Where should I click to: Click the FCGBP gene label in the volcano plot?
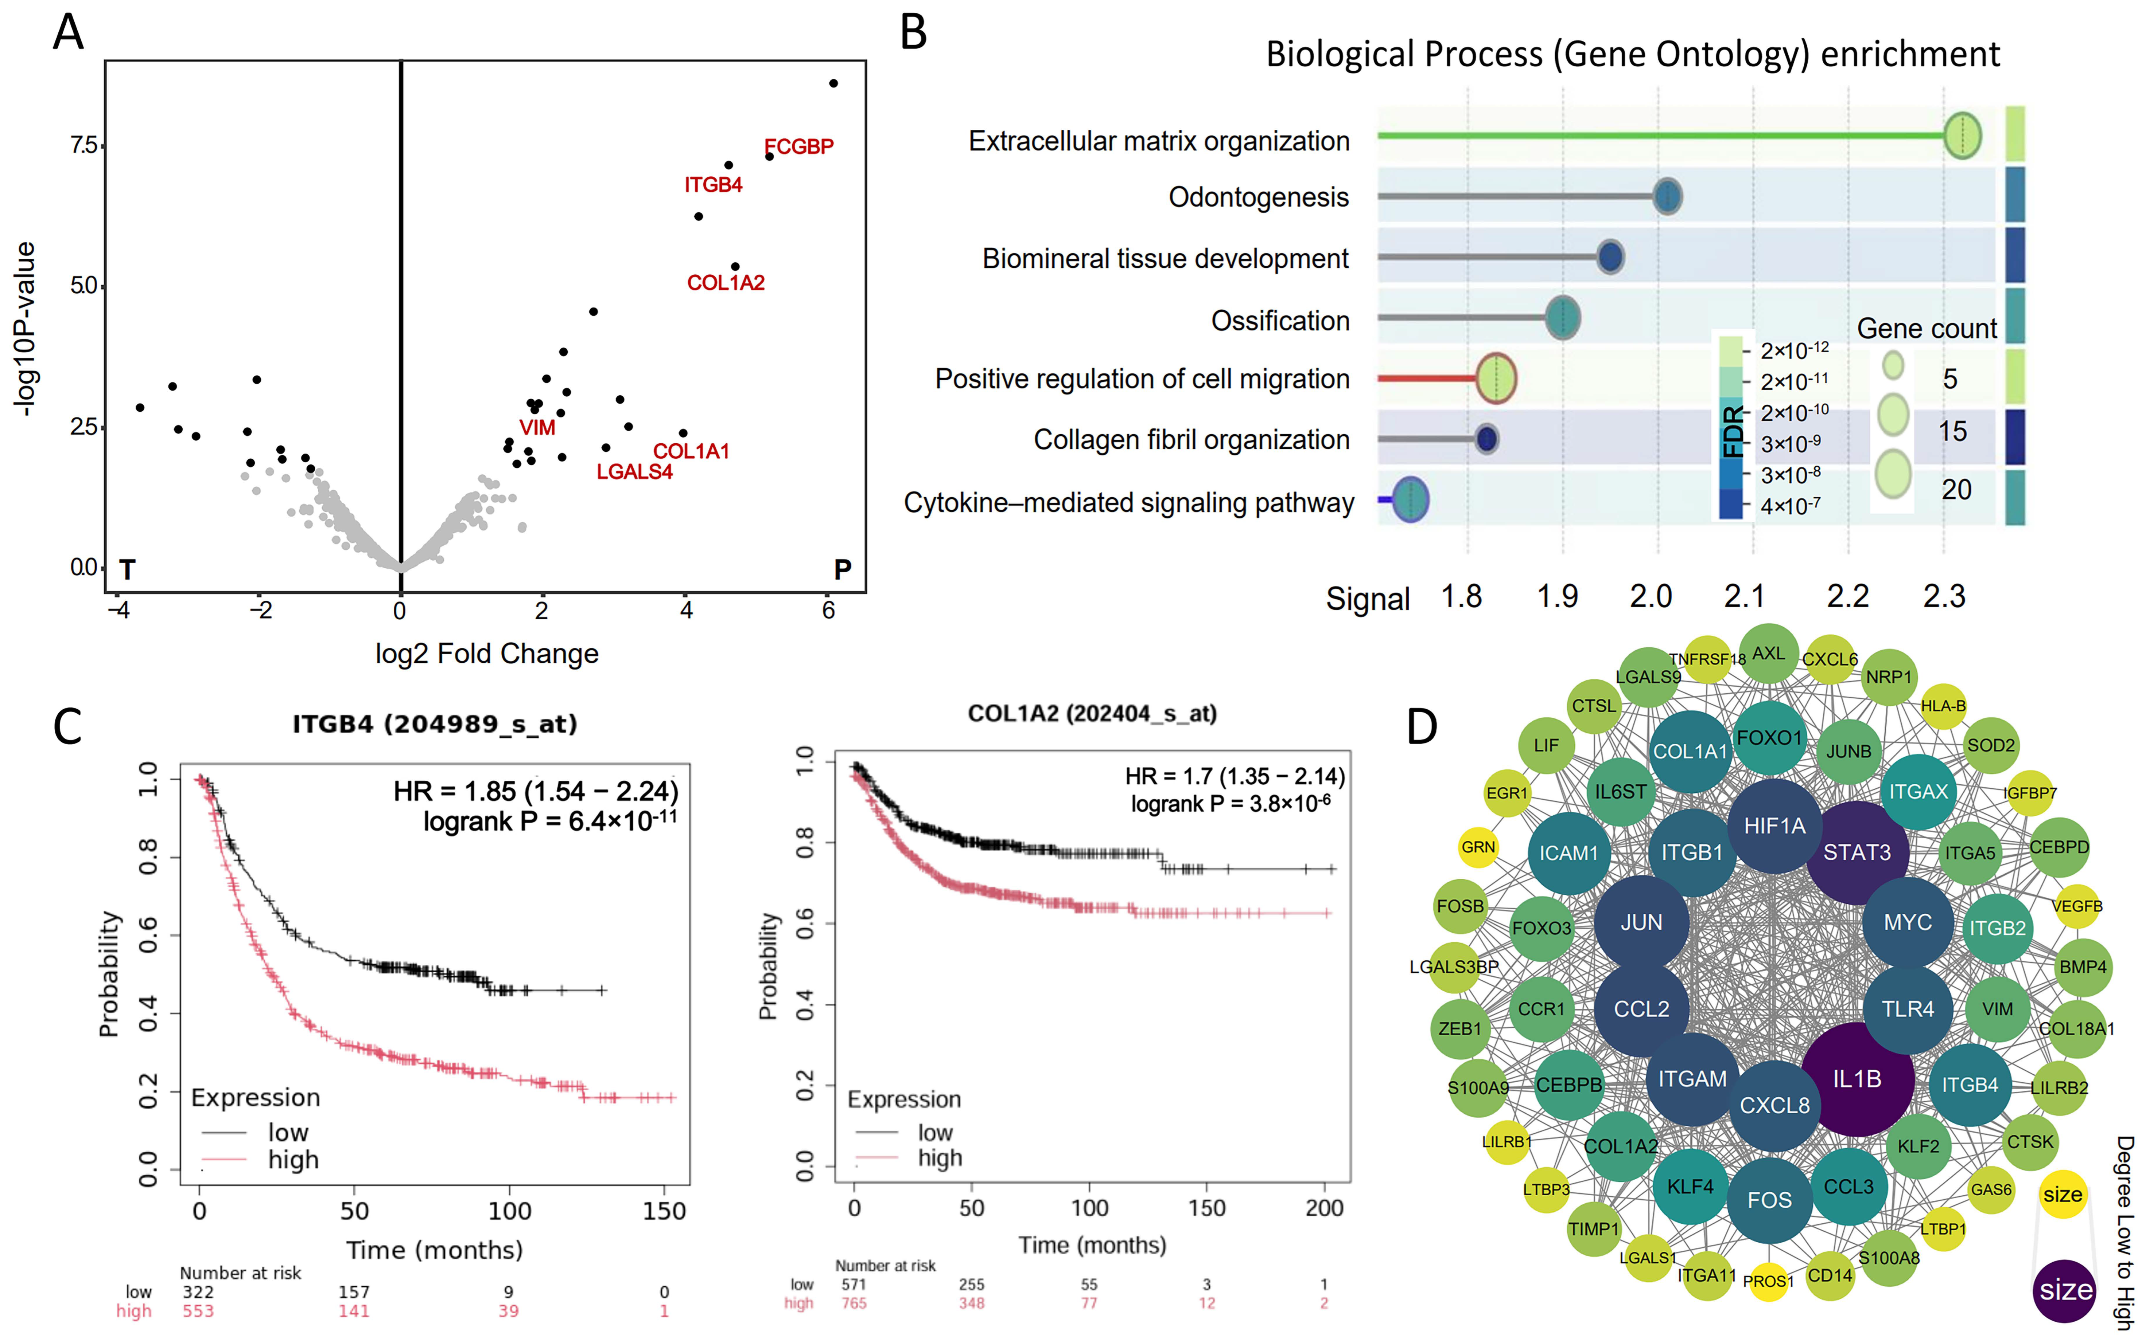798,146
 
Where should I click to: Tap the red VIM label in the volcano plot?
537,427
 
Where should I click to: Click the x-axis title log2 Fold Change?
486,654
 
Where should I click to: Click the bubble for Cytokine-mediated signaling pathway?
1410,500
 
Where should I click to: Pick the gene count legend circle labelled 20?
1893,474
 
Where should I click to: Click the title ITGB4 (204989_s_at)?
435,725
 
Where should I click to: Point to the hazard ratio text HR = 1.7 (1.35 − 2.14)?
1234,777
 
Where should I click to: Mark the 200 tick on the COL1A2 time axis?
1324,1208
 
